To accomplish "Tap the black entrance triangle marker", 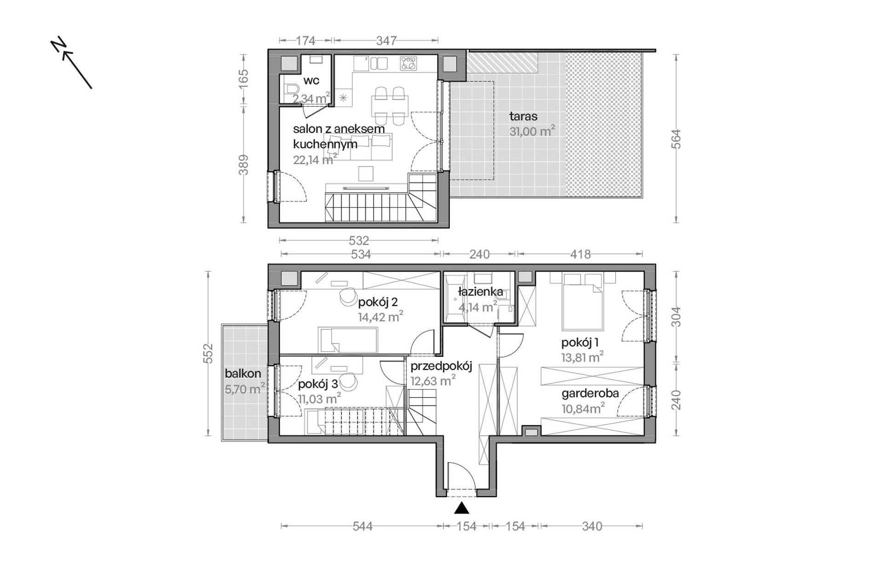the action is (461, 508).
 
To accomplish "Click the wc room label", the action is (311, 81).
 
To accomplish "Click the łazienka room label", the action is (481, 292).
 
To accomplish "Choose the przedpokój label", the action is (442, 367).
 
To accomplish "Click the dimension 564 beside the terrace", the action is (676, 139).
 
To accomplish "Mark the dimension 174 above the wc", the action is (305, 41).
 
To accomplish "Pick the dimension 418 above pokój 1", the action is (580, 254).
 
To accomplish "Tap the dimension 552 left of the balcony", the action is (208, 354).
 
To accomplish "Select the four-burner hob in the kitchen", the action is (408, 63).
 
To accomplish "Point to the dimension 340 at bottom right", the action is (592, 526).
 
